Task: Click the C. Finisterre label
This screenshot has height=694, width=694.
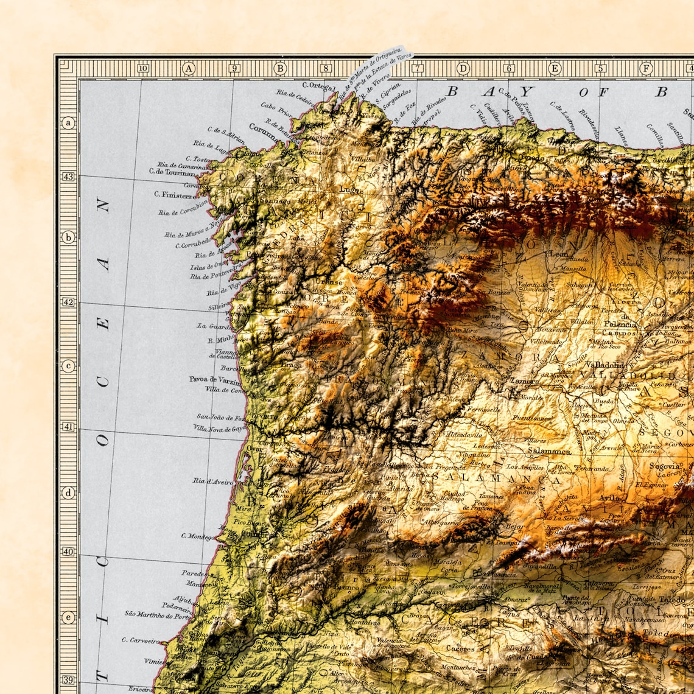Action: coord(175,195)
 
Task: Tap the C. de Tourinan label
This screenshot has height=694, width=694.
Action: coord(172,172)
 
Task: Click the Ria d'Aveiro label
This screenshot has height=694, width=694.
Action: coord(213,481)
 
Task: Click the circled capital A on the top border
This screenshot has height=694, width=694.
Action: coord(189,69)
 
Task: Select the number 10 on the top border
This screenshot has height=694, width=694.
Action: coord(143,69)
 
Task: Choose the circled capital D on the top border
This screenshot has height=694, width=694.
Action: coord(463,69)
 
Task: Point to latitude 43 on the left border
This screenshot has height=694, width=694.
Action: coord(68,177)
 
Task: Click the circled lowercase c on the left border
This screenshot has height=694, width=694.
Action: coord(68,366)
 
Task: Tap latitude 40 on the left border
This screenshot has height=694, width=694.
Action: coord(68,552)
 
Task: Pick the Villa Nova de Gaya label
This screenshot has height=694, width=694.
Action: coord(220,429)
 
